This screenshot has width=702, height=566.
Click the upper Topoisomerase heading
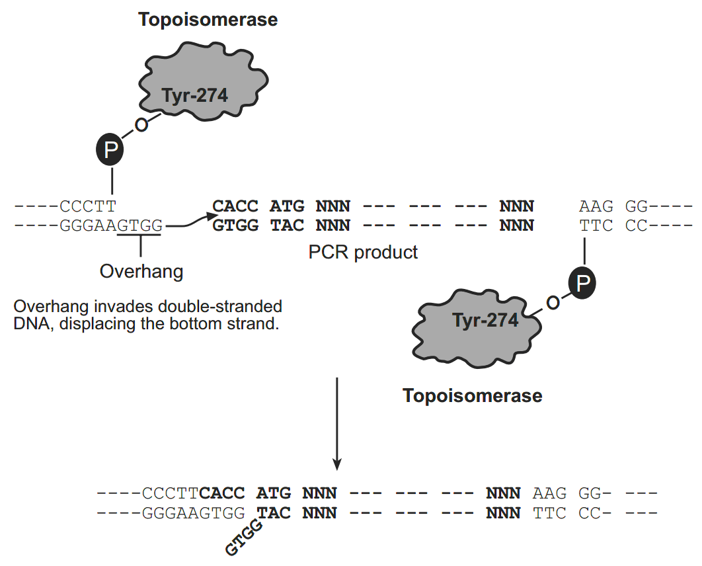tap(208, 20)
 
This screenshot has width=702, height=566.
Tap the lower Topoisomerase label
tap(473, 396)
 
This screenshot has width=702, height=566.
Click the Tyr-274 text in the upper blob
tap(195, 95)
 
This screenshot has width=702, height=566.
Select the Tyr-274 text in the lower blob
tap(485, 320)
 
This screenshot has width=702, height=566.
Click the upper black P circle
tap(110, 149)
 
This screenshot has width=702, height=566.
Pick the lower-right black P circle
tap(582, 282)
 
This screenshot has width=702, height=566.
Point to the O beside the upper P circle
tap(141, 125)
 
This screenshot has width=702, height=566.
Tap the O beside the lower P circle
tap(553, 303)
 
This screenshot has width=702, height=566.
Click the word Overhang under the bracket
tap(141, 271)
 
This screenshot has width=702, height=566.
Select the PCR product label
tap(363, 253)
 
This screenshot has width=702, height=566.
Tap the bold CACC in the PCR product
tap(235, 206)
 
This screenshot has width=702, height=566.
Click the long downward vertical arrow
tap(337, 424)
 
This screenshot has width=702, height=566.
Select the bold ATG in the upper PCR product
tap(287, 206)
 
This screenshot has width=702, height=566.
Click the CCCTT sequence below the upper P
tap(88, 206)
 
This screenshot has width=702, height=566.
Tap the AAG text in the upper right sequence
tap(596, 206)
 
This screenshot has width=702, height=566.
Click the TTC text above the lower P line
tap(596, 225)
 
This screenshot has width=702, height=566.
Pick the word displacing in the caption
tap(97, 324)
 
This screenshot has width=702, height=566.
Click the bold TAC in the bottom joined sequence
tap(274, 512)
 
